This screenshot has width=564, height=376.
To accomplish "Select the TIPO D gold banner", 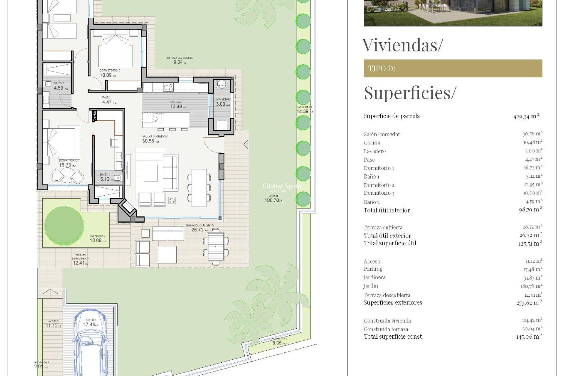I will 453,68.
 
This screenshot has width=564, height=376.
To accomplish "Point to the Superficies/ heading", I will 410,93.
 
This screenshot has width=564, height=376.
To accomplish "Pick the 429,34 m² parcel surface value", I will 526,116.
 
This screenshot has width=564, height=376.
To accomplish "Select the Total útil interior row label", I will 387,210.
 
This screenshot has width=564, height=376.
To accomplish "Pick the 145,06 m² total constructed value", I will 529,337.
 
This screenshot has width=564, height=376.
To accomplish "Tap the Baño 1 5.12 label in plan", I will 105,177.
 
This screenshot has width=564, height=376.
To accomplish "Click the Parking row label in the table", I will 373,269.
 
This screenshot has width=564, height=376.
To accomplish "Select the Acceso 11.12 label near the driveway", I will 53,324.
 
